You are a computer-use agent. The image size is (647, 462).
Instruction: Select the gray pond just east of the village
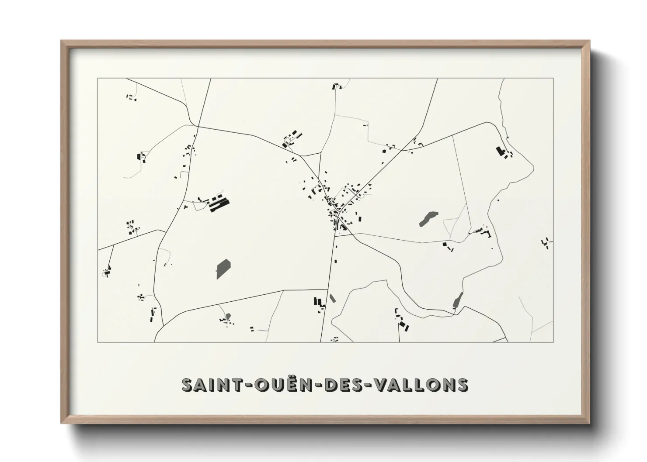(x=428, y=218)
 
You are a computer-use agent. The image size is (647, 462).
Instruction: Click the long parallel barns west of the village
(x=219, y=204)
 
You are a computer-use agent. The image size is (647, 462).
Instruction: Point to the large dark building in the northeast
(x=500, y=152)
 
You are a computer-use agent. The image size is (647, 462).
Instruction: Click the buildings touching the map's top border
(x=336, y=86)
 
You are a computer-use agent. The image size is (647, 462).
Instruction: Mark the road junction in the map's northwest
(x=198, y=126)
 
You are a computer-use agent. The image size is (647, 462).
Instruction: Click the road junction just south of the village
(x=334, y=235)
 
